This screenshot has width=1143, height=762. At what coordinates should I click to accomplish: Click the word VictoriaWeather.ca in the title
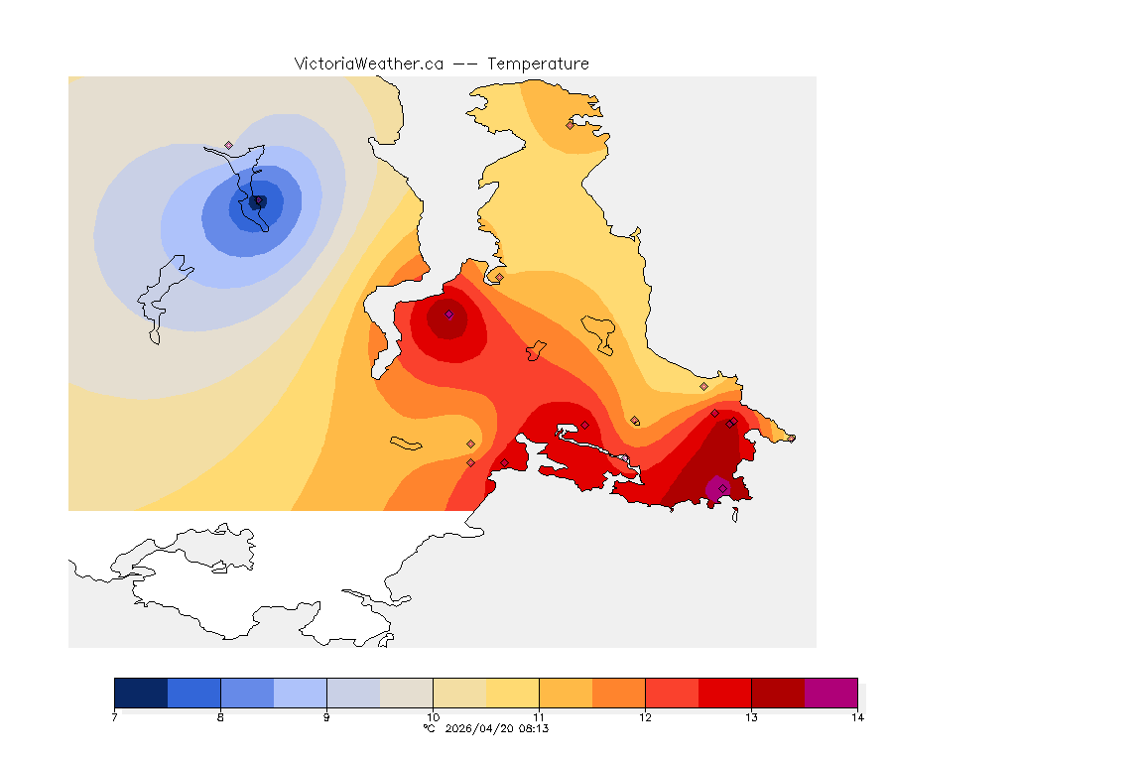coord(368,63)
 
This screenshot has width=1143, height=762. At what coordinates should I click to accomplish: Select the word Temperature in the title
coord(538,63)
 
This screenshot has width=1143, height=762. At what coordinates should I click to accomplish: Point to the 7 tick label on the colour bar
coord(115,717)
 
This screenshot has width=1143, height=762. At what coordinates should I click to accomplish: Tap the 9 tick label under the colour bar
coord(326,717)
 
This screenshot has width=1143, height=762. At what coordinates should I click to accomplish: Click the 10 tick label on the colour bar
coord(433,717)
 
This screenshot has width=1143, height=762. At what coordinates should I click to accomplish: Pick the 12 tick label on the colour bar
coord(645,717)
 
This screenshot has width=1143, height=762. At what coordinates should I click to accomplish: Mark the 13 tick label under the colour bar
coord(751,717)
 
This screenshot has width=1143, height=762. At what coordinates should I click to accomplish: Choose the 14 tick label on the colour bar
coord(856,717)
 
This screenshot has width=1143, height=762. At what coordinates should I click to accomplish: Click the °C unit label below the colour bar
coord(429,728)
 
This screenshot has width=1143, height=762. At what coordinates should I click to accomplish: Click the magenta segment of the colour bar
coord(830,693)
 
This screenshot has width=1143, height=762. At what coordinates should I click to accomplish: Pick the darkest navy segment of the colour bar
coord(141,693)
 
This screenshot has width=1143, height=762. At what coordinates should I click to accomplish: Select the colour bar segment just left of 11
coord(512,693)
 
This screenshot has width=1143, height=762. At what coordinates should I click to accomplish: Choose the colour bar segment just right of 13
coord(778,693)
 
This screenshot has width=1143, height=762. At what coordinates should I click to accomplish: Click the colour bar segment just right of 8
coord(247,693)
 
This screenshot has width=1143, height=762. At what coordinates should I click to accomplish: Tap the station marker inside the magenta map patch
coord(722,487)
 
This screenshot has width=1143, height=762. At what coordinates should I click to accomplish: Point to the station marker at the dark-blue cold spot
coord(259,201)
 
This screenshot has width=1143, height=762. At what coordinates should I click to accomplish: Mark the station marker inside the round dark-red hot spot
coord(448,315)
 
